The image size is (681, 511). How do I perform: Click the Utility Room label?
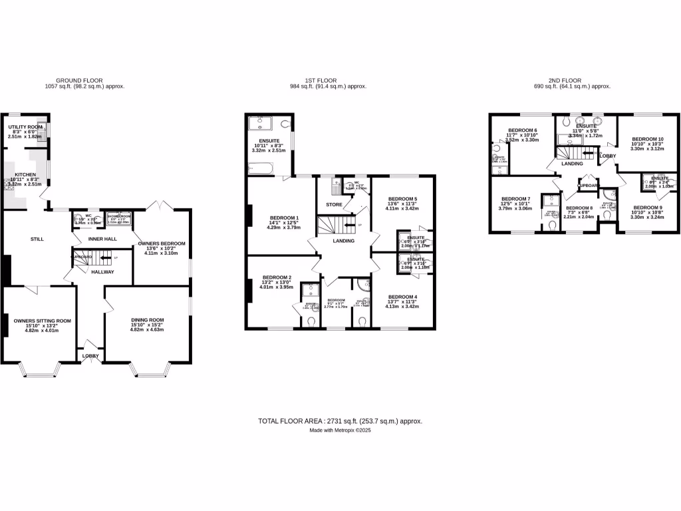tap(25, 126)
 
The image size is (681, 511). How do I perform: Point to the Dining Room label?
tap(146, 320)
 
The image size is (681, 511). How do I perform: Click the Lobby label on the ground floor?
tap(90, 356)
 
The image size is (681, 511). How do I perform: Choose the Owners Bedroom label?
tap(162, 244)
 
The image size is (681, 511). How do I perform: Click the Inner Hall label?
tap(102, 238)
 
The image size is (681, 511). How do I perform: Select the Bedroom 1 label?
tap(284, 218)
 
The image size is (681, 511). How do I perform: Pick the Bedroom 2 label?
tap(277, 277)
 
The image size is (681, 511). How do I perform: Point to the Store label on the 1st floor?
tap(334, 204)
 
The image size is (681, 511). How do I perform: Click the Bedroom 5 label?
tap(402, 199)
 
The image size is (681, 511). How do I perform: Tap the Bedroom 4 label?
tap(402, 297)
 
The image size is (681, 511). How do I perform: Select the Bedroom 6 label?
tap(522, 130)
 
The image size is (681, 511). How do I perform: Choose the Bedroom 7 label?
tap(515, 199)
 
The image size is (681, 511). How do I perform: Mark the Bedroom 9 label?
tap(646, 207)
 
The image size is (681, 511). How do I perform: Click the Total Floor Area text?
tap(340, 421)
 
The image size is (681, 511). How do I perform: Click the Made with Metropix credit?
tap(340, 430)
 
